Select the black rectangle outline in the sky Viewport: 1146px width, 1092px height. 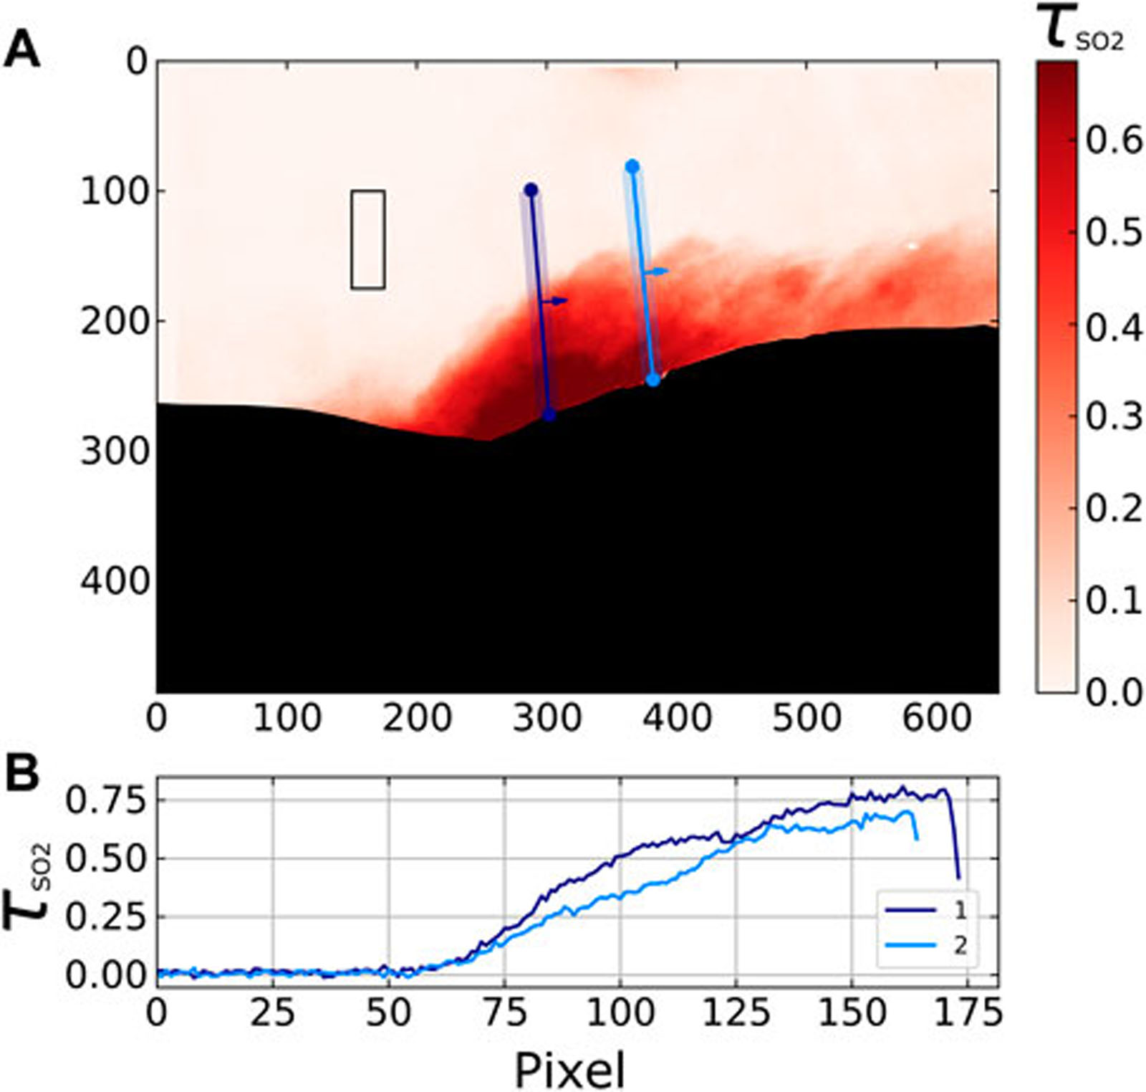pyautogui.click(x=367, y=239)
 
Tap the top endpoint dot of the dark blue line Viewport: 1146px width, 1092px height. pyautogui.click(x=531, y=190)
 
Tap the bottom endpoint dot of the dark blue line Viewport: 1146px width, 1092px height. pyautogui.click(x=549, y=414)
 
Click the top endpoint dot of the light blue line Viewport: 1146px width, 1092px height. pyautogui.click(x=632, y=166)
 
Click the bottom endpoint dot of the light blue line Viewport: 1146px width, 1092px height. pyautogui.click(x=653, y=380)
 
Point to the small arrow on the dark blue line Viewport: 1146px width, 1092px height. pyautogui.click(x=555, y=301)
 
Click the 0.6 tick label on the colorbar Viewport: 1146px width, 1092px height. pyautogui.click(x=1113, y=141)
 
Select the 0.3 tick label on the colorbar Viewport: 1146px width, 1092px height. pyautogui.click(x=1113, y=416)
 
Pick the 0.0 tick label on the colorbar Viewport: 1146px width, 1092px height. pyautogui.click(x=1113, y=692)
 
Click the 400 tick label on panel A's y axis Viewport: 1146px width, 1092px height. pyautogui.click(x=113, y=582)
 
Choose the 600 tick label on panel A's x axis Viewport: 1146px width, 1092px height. pyautogui.click(x=937, y=717)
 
